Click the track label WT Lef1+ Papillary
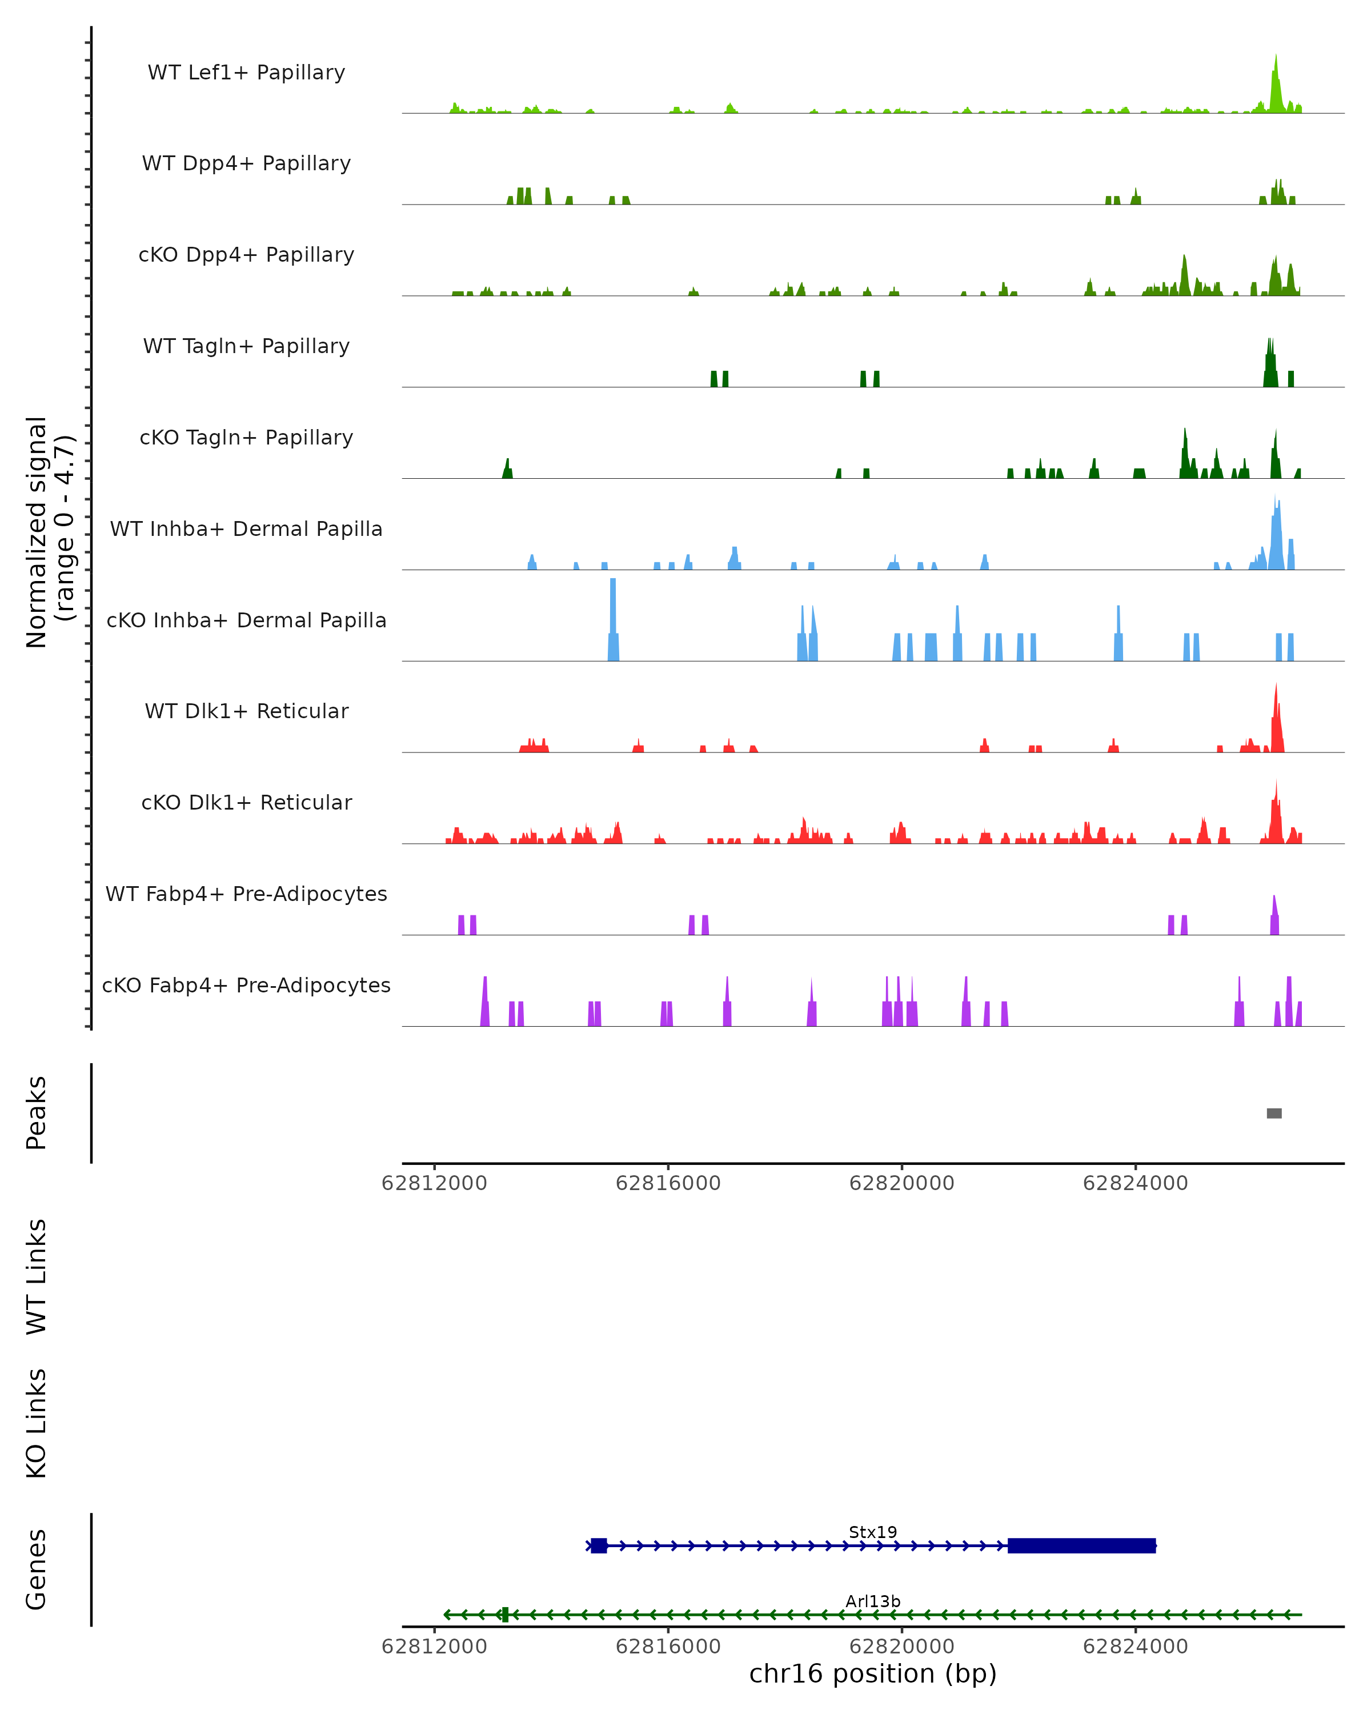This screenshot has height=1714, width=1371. click(246, 73)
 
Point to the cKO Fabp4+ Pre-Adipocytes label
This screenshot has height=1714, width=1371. click(246, 985)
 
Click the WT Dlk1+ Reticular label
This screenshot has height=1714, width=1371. click(246, 711)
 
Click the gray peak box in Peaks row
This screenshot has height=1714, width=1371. click(1273, 1113)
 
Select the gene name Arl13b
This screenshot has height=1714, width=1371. click(873, 1601)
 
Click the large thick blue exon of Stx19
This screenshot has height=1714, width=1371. click(1081, 1545)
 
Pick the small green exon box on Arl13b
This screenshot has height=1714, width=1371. click(504, 1615)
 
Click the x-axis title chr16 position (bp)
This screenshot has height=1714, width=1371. click(873, 1673)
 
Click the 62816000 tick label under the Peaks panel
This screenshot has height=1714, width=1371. click(668, 1183)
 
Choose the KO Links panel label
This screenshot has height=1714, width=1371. click(37, 1423)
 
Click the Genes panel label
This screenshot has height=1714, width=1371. click(37, 1569)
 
